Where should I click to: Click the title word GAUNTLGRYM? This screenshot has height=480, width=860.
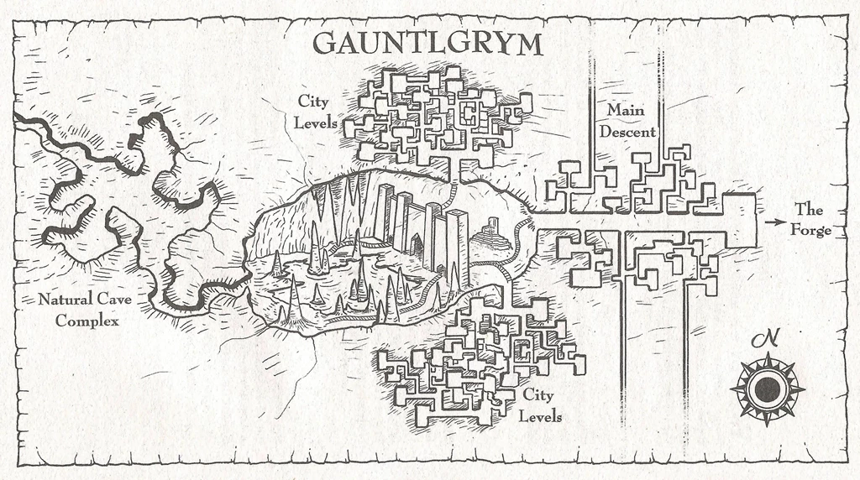(427, 43)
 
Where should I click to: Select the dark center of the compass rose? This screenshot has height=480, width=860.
(767, 389)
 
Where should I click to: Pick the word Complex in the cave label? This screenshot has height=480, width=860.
(87, 321)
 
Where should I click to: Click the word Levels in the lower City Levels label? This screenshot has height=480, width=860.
(540, 416)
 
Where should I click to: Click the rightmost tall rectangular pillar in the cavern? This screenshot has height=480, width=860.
(457, 239)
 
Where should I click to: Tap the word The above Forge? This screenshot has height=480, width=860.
(810, 209)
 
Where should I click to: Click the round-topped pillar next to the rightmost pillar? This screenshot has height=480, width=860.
(434, 235)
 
